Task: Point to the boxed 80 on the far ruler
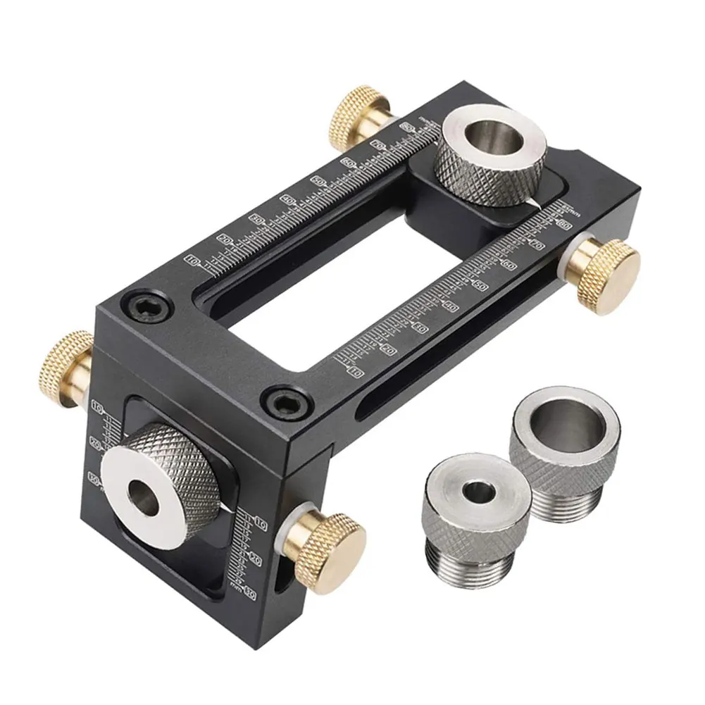(407, 126)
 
